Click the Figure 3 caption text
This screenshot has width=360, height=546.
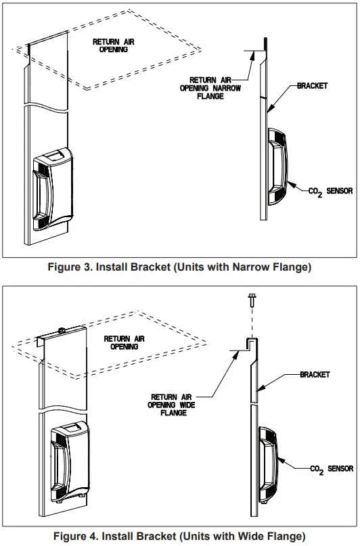pyautogui.click(x=179, y=267)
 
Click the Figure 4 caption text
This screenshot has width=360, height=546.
pyautogui.click(x=179, y=537)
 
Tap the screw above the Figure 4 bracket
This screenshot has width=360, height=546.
pyautogui.click(x=250, y=298)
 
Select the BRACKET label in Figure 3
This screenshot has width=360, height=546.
pyautogui.click(x=312, y=87)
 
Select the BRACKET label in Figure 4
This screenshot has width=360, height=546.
pyautogui.click(x=315, y=374)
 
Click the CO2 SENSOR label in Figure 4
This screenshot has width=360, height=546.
pyautogui.click(x=331, y=469)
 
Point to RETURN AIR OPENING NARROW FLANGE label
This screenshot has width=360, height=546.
pyautogui.click(x=216, y=88)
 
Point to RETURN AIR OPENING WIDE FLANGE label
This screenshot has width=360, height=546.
pyautogui.click(x=174, y=405)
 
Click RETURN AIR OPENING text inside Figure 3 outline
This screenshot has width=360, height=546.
pyautogui.click(x=114, y=45)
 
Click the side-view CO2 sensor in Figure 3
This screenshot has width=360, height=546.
pyautogui.click(x=279, y=166)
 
